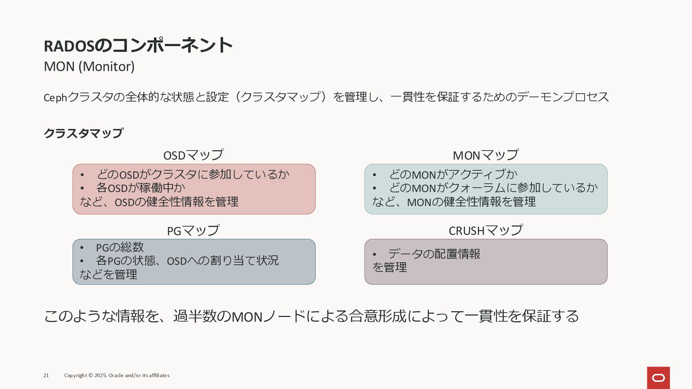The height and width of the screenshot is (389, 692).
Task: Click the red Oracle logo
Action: [x=658, y=377]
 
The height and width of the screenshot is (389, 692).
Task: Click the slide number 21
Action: [x=46, y=375]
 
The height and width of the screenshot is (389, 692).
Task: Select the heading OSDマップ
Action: [x=194, y=155]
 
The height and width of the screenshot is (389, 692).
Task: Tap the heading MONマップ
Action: [x=485, y=155]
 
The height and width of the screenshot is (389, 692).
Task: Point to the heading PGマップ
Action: [x=193, y=231]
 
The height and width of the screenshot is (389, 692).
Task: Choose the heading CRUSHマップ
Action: [x=485, y=231]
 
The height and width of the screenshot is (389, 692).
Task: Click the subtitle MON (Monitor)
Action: [x=89, y=67]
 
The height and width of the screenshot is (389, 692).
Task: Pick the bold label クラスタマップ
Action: [x=84, y=133]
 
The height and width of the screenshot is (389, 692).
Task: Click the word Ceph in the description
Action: [x=55, y=98]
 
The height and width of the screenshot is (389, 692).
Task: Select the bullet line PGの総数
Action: [x=120, y=247]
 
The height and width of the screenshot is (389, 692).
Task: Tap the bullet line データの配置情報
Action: [x=434, y=254]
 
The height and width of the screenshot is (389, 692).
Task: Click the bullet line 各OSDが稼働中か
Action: [x=141, y=188]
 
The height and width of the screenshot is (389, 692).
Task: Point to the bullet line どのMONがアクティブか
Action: [x=453, y=174]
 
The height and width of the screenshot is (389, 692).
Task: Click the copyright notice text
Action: [x=117, y=375]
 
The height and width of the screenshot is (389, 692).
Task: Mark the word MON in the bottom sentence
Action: [x=247, y=317]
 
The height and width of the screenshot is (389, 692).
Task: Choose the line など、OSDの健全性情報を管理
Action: [x=159, y=202]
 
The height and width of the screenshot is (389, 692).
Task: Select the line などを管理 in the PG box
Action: [x=108, y=274]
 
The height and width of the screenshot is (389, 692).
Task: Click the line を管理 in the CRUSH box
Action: [x=390, y=267]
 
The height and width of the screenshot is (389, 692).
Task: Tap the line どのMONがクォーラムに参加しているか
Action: [x=493, y=188]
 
